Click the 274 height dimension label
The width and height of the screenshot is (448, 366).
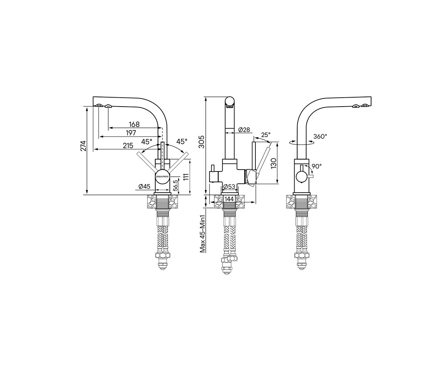(84, 145)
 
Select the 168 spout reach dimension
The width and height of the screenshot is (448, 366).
(134, 124)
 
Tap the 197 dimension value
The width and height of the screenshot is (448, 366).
(131, 133)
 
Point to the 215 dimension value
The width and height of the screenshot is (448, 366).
(128, 146)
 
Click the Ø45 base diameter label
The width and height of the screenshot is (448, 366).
(144, 186)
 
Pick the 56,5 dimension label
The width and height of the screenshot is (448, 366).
(175, 185)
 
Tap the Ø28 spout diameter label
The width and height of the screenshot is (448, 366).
(244, 130)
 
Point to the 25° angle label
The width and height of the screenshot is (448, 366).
(266, 135)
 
